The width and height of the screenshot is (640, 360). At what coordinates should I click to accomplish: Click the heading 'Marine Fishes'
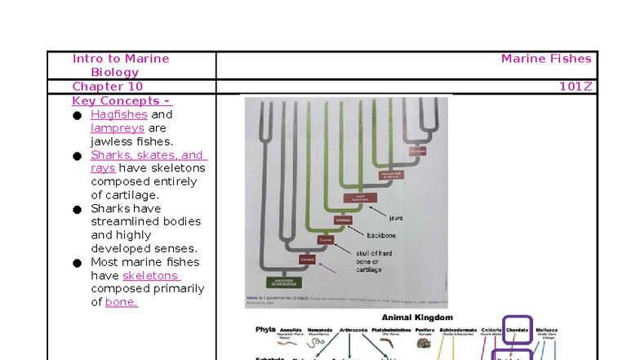coord(546,59)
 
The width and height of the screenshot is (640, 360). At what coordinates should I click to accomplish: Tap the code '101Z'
coord(575,87)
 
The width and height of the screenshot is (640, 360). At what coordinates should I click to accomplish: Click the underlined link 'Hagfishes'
coord(119,114)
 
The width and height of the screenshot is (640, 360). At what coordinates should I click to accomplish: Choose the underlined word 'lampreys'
coord(118,128)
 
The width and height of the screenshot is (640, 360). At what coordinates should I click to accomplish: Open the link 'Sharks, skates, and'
coord(148,155)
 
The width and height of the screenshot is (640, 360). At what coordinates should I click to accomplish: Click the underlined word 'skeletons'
coord(151,276)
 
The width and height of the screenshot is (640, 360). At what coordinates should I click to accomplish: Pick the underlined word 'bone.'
coord(122,302)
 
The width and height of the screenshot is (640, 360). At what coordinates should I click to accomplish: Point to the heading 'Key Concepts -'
coord(122,101)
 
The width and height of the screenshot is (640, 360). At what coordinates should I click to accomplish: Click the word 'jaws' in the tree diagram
coord(396,218)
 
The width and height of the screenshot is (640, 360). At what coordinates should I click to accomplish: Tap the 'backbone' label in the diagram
coord(381,235)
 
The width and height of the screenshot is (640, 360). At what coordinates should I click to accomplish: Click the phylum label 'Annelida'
coord(291,330)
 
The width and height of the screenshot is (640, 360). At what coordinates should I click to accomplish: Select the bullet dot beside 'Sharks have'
coord(76,210)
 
